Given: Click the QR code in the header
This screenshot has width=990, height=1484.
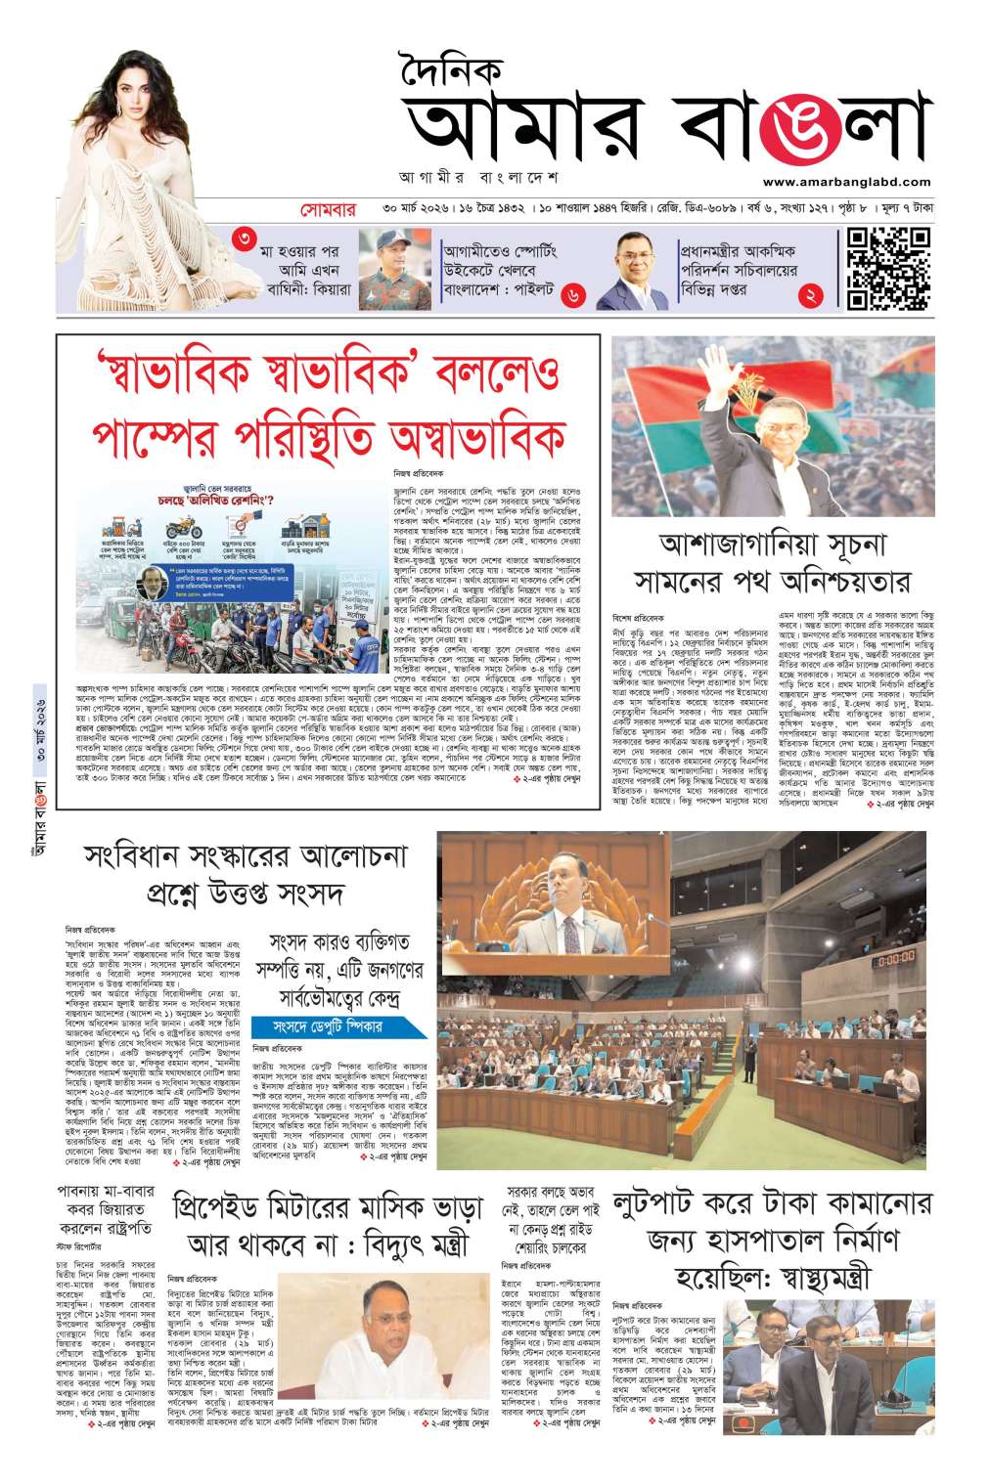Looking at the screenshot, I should pos(887,268).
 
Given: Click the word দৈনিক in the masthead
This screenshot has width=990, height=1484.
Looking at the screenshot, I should pos(451,71).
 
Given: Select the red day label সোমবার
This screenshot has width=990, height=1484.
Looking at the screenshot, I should pos(329,210).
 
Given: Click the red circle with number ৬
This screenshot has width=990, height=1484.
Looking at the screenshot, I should pos(573,293).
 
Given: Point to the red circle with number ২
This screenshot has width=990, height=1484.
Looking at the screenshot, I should pos(809,294).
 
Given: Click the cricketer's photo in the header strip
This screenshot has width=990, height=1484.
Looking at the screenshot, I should pos(394,269).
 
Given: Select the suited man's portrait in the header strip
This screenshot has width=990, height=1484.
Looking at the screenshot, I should pos(632,269).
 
